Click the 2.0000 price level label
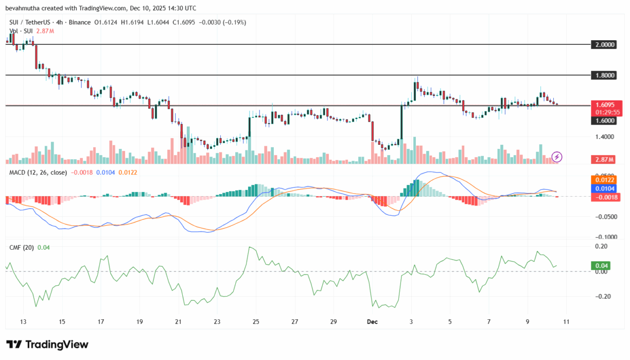[x=605, y=45]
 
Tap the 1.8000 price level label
[x=605, y=75]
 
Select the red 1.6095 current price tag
[x=605, y=104]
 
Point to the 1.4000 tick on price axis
[x=605, y=137]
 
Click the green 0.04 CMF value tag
[x=602, y=266]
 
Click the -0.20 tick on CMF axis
[x=602, y=296]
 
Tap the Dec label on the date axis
[x=372, y=322]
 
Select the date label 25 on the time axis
[x=256, y=322]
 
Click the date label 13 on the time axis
[x=23, y=322]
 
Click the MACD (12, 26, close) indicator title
[x=38, y=172]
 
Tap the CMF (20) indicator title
[x=22, y=248]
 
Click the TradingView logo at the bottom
[x=47, y=345]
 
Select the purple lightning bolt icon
[x=556, y=157]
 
